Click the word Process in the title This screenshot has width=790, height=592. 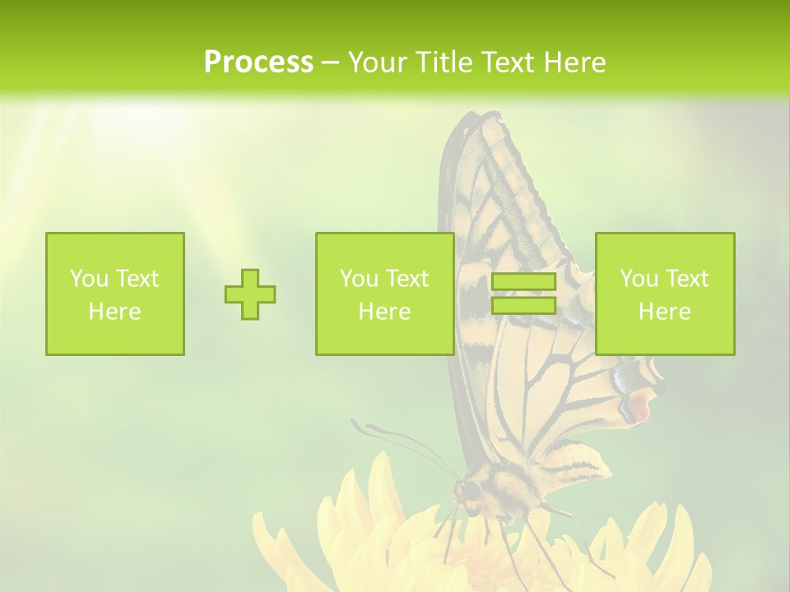pyautogui.click(x=258, y=62)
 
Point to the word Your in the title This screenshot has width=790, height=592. pyautogui.click(x=375, y=62)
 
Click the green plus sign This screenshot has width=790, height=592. pyautogui.click(x=250, y=294)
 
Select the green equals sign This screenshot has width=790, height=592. pyautogui.click(x=523, y=294)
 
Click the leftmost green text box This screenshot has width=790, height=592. pyautogui.click(x=115, y=294)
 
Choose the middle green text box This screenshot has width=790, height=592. pyautogui.click(x=385, y=294)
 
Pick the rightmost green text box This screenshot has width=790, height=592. pyautogui.click(x=665, y=294)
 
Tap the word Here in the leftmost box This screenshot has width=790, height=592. pyautogui.click(x=114, y=312)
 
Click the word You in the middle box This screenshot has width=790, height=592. pyautogui.click(x=359, y=279)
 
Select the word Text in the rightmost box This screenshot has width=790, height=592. pyautogui.click(x=688, y=279)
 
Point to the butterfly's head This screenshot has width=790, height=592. pyautogui.click(x=468, y=492)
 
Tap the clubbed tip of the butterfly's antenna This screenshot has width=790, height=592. pyautogui.click(x=355, y=424)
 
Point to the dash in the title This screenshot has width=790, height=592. pyautogui.click(x=331, y=62)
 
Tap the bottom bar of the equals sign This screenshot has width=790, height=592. pyautogui.click(x=523, y=305)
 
